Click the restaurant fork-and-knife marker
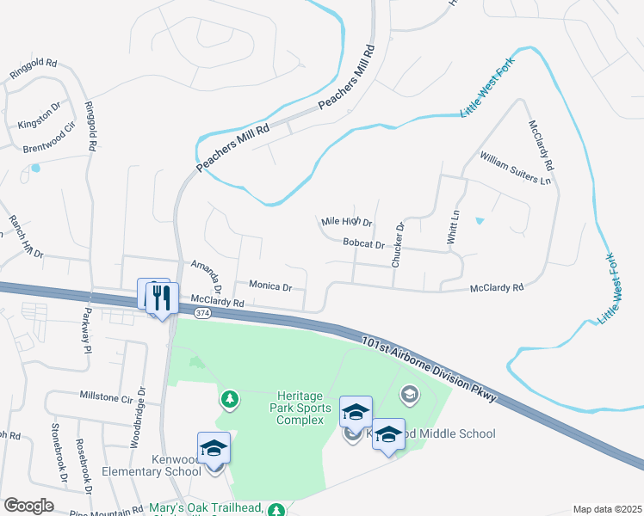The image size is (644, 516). [162, 298]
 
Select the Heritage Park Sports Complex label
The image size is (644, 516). [300, 405]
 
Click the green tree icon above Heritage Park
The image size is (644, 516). [230, 398]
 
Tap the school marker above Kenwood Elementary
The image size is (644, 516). [214, 448]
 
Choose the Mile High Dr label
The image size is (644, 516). [346, 223]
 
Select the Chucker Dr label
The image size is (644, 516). [398, 245]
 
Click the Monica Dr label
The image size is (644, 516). [271, 285]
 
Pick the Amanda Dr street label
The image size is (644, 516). [207, 275]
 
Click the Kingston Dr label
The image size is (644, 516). [40, 116]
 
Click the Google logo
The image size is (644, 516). [28, 506]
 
